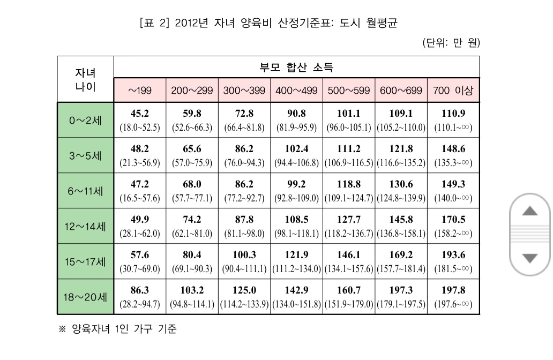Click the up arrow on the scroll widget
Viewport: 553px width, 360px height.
click(x=530, y=211)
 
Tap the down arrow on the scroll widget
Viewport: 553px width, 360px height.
click(x=530, y=258)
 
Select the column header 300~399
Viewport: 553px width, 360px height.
click(x=244, y=91)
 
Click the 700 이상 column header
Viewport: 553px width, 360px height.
click(x=453, y=91)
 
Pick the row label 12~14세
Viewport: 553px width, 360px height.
click(x=85, y=226)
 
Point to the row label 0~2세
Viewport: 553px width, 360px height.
click(x=85, y=120)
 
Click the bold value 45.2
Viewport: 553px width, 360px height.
click(x=140, y=114)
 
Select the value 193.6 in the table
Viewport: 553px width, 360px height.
click(x=453, y=254)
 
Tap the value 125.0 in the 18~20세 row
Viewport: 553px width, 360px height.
click(x=244, y=290)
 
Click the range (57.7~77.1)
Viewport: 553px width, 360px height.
click(x=192, y=198)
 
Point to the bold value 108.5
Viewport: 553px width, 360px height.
click(x=297, y=219)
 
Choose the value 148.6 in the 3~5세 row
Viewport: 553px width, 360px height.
click(x=453, y=149)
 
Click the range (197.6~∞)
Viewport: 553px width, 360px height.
click(x=453, y=304)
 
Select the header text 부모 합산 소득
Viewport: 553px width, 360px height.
click(x=296, y=67)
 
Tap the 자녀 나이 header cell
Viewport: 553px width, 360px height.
click(x=85, y=80)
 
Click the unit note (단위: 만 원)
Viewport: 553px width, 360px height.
click(x=451, y=43)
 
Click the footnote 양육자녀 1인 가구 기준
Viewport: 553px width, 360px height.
click(x=124, y=329)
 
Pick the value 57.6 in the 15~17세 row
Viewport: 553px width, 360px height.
click(x=140, y=254)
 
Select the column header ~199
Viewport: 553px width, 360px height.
click(x=140, y=91)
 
